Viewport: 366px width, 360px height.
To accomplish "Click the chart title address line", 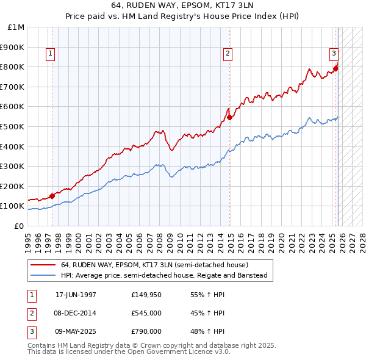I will click(183, 5).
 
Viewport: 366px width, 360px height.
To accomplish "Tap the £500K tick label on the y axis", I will click(13, 126).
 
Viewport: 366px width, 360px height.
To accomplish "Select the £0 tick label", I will click(19, 226).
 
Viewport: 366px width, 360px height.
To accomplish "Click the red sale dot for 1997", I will click(52, 196).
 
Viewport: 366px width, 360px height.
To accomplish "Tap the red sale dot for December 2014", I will click(230, 117).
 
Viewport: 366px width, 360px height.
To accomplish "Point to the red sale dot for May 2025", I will click(336, 68).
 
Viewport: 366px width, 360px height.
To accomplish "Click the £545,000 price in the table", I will click(146, 313).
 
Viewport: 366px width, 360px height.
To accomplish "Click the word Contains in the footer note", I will click(41, 345).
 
